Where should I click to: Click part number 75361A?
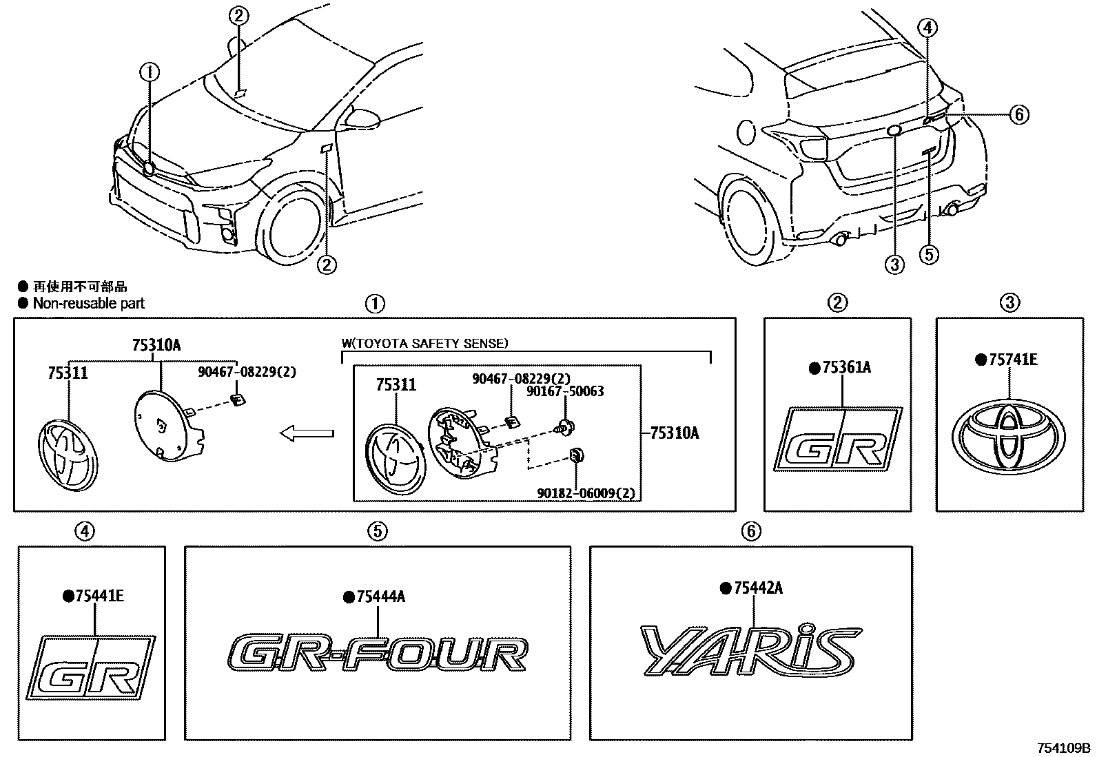[x=846, y=368]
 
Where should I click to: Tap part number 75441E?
[x=99, y=597]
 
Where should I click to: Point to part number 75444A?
[x=380, y=597]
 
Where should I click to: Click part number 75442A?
[x=757, y=588]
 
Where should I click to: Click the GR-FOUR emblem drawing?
[x=378, y=654]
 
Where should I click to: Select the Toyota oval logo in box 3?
[x=1008, y=435]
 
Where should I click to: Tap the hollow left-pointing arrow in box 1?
[x=306, y=433]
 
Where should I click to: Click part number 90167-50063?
[x=564, y=391]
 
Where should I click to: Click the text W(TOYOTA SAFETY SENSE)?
[x=424, y=342]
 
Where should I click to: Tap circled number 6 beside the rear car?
[x=1018, y=114]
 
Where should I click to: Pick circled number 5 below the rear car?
[x=929, y=255]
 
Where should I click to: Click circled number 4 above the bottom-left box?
[x=85, y=531]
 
